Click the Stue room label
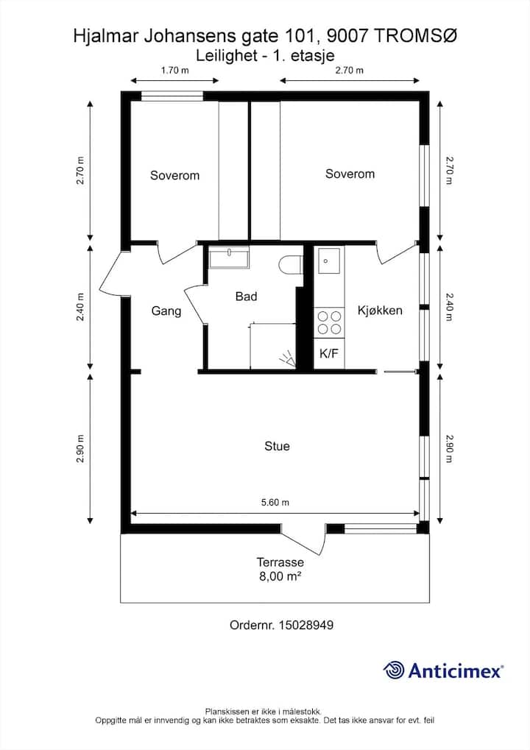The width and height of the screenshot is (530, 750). click(277, 446)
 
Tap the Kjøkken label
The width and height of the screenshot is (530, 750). click(380, 311)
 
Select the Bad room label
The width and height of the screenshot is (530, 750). click(247, 297)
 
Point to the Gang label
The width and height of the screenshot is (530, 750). click(166, 311)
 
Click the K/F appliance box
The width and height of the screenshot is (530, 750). click(329, 354)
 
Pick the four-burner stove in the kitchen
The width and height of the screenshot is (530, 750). click(329, 323)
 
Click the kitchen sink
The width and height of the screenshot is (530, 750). click(329, 261)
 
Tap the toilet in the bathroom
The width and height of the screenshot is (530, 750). click(291, 266)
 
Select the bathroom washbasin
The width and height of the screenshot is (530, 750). click(229, 258)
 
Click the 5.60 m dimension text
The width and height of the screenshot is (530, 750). click(275, 502)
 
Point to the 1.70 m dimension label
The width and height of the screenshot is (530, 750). click(174, 71)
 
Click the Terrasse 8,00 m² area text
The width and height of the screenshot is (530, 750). click(280, 569)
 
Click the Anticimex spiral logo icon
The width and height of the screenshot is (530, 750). click(394, 670)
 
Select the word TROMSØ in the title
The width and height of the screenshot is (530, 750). click(414, 36)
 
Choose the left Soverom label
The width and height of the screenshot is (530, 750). click(174, 176)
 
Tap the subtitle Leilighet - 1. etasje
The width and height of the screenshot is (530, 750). click(265, 56)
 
